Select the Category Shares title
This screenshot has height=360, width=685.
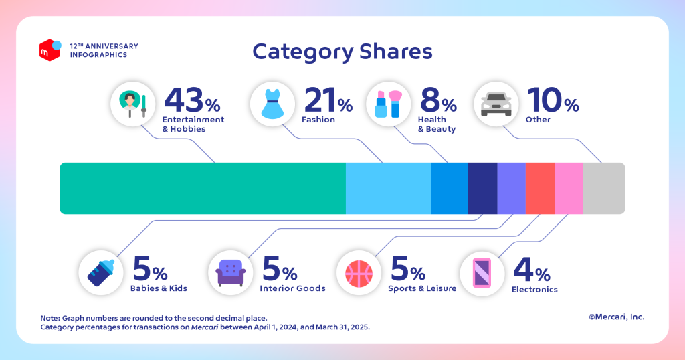point(342,52)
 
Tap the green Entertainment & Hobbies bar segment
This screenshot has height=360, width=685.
point(202,188)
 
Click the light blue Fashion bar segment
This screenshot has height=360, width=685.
point(388,188)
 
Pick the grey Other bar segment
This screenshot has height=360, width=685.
point(603,188)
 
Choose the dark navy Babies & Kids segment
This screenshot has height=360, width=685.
point(482,188)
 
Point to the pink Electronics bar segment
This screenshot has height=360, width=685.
point(569,188)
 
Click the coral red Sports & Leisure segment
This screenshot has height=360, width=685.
point(540,188)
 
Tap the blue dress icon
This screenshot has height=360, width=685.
point(272,105)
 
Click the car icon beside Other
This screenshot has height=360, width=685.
point(496,105)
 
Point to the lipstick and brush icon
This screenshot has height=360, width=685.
point(389,105)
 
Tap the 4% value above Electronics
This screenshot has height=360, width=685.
point(531,269)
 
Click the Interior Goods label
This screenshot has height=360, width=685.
point(292,289)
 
